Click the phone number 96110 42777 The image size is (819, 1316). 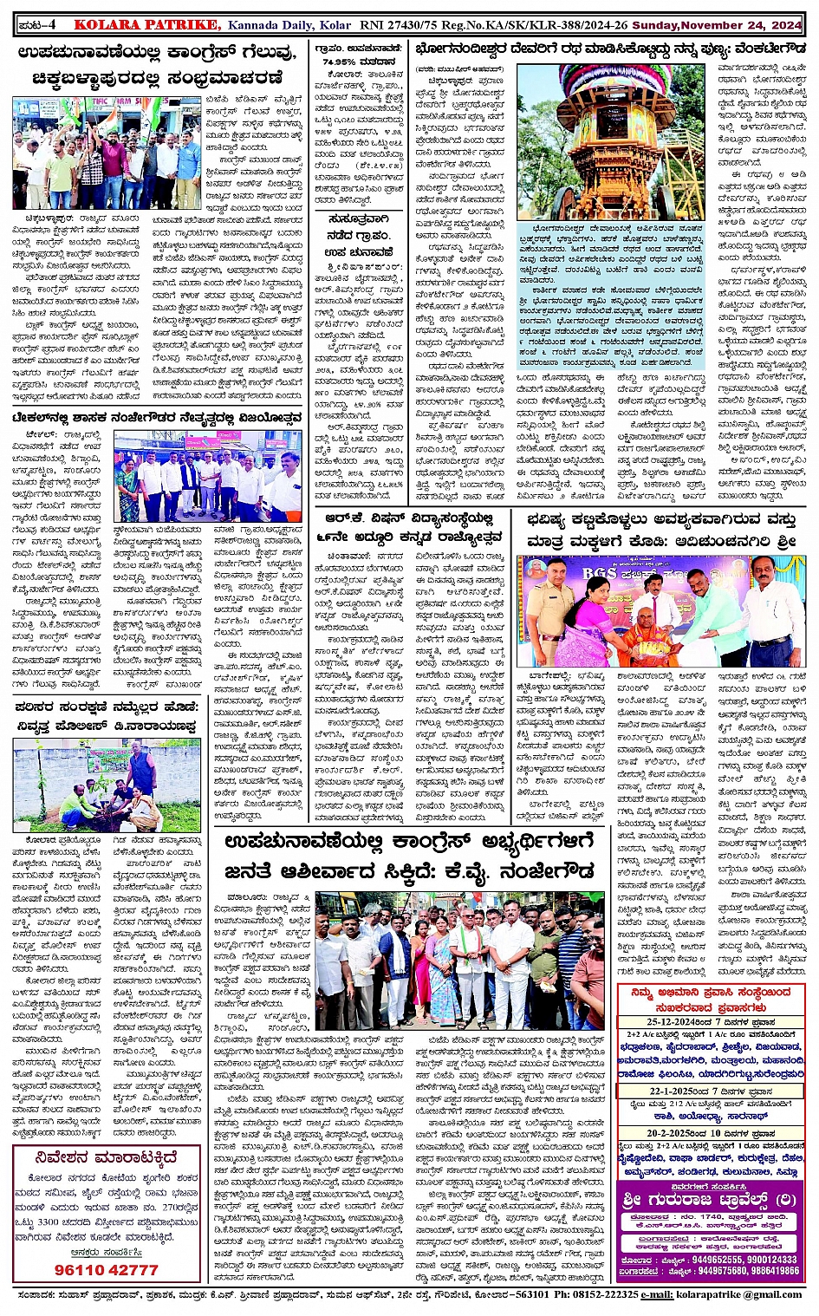pos(106,1269)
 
